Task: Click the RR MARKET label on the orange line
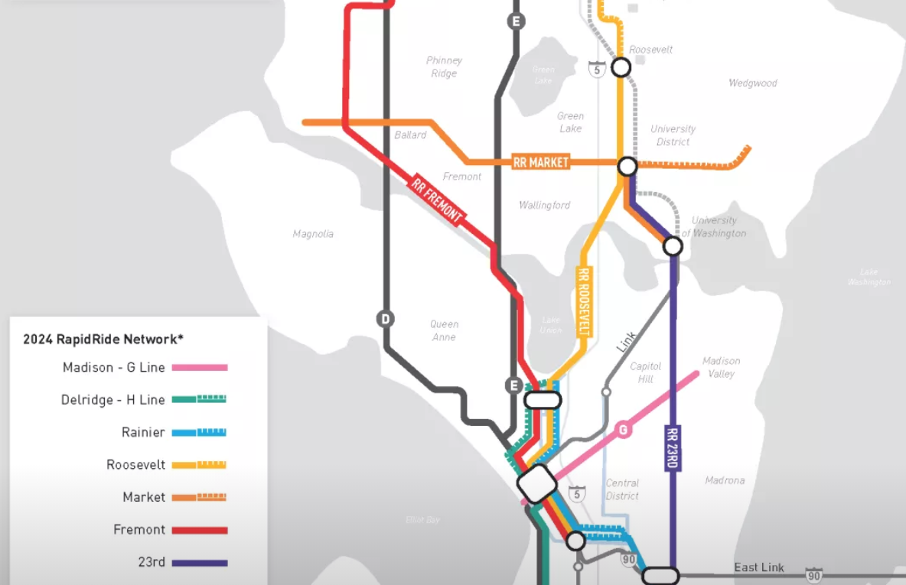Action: tap(541, 162)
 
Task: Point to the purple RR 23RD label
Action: tap(673, 448)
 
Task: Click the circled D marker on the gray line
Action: tap(385, 319)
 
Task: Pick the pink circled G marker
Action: tap(624, 431)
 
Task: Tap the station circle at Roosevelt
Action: tap(621, 67)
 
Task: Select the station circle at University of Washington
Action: tap(673, 246)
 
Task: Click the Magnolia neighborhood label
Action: tap(313, 234)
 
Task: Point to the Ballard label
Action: tap(410, 135)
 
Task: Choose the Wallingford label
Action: tap(544, 205)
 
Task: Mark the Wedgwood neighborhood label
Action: tap(752, 83)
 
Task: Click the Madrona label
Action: tap(724, 480)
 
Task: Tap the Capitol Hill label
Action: tap(645, 372)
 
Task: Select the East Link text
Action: tap(759, 567)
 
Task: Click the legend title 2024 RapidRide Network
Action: tap(103, 339)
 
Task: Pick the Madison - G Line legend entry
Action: tap(114, 368)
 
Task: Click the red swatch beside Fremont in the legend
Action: tap(200, 530)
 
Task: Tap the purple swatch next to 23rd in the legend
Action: tap(200, 563)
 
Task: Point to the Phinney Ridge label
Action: tap(444, 67)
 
